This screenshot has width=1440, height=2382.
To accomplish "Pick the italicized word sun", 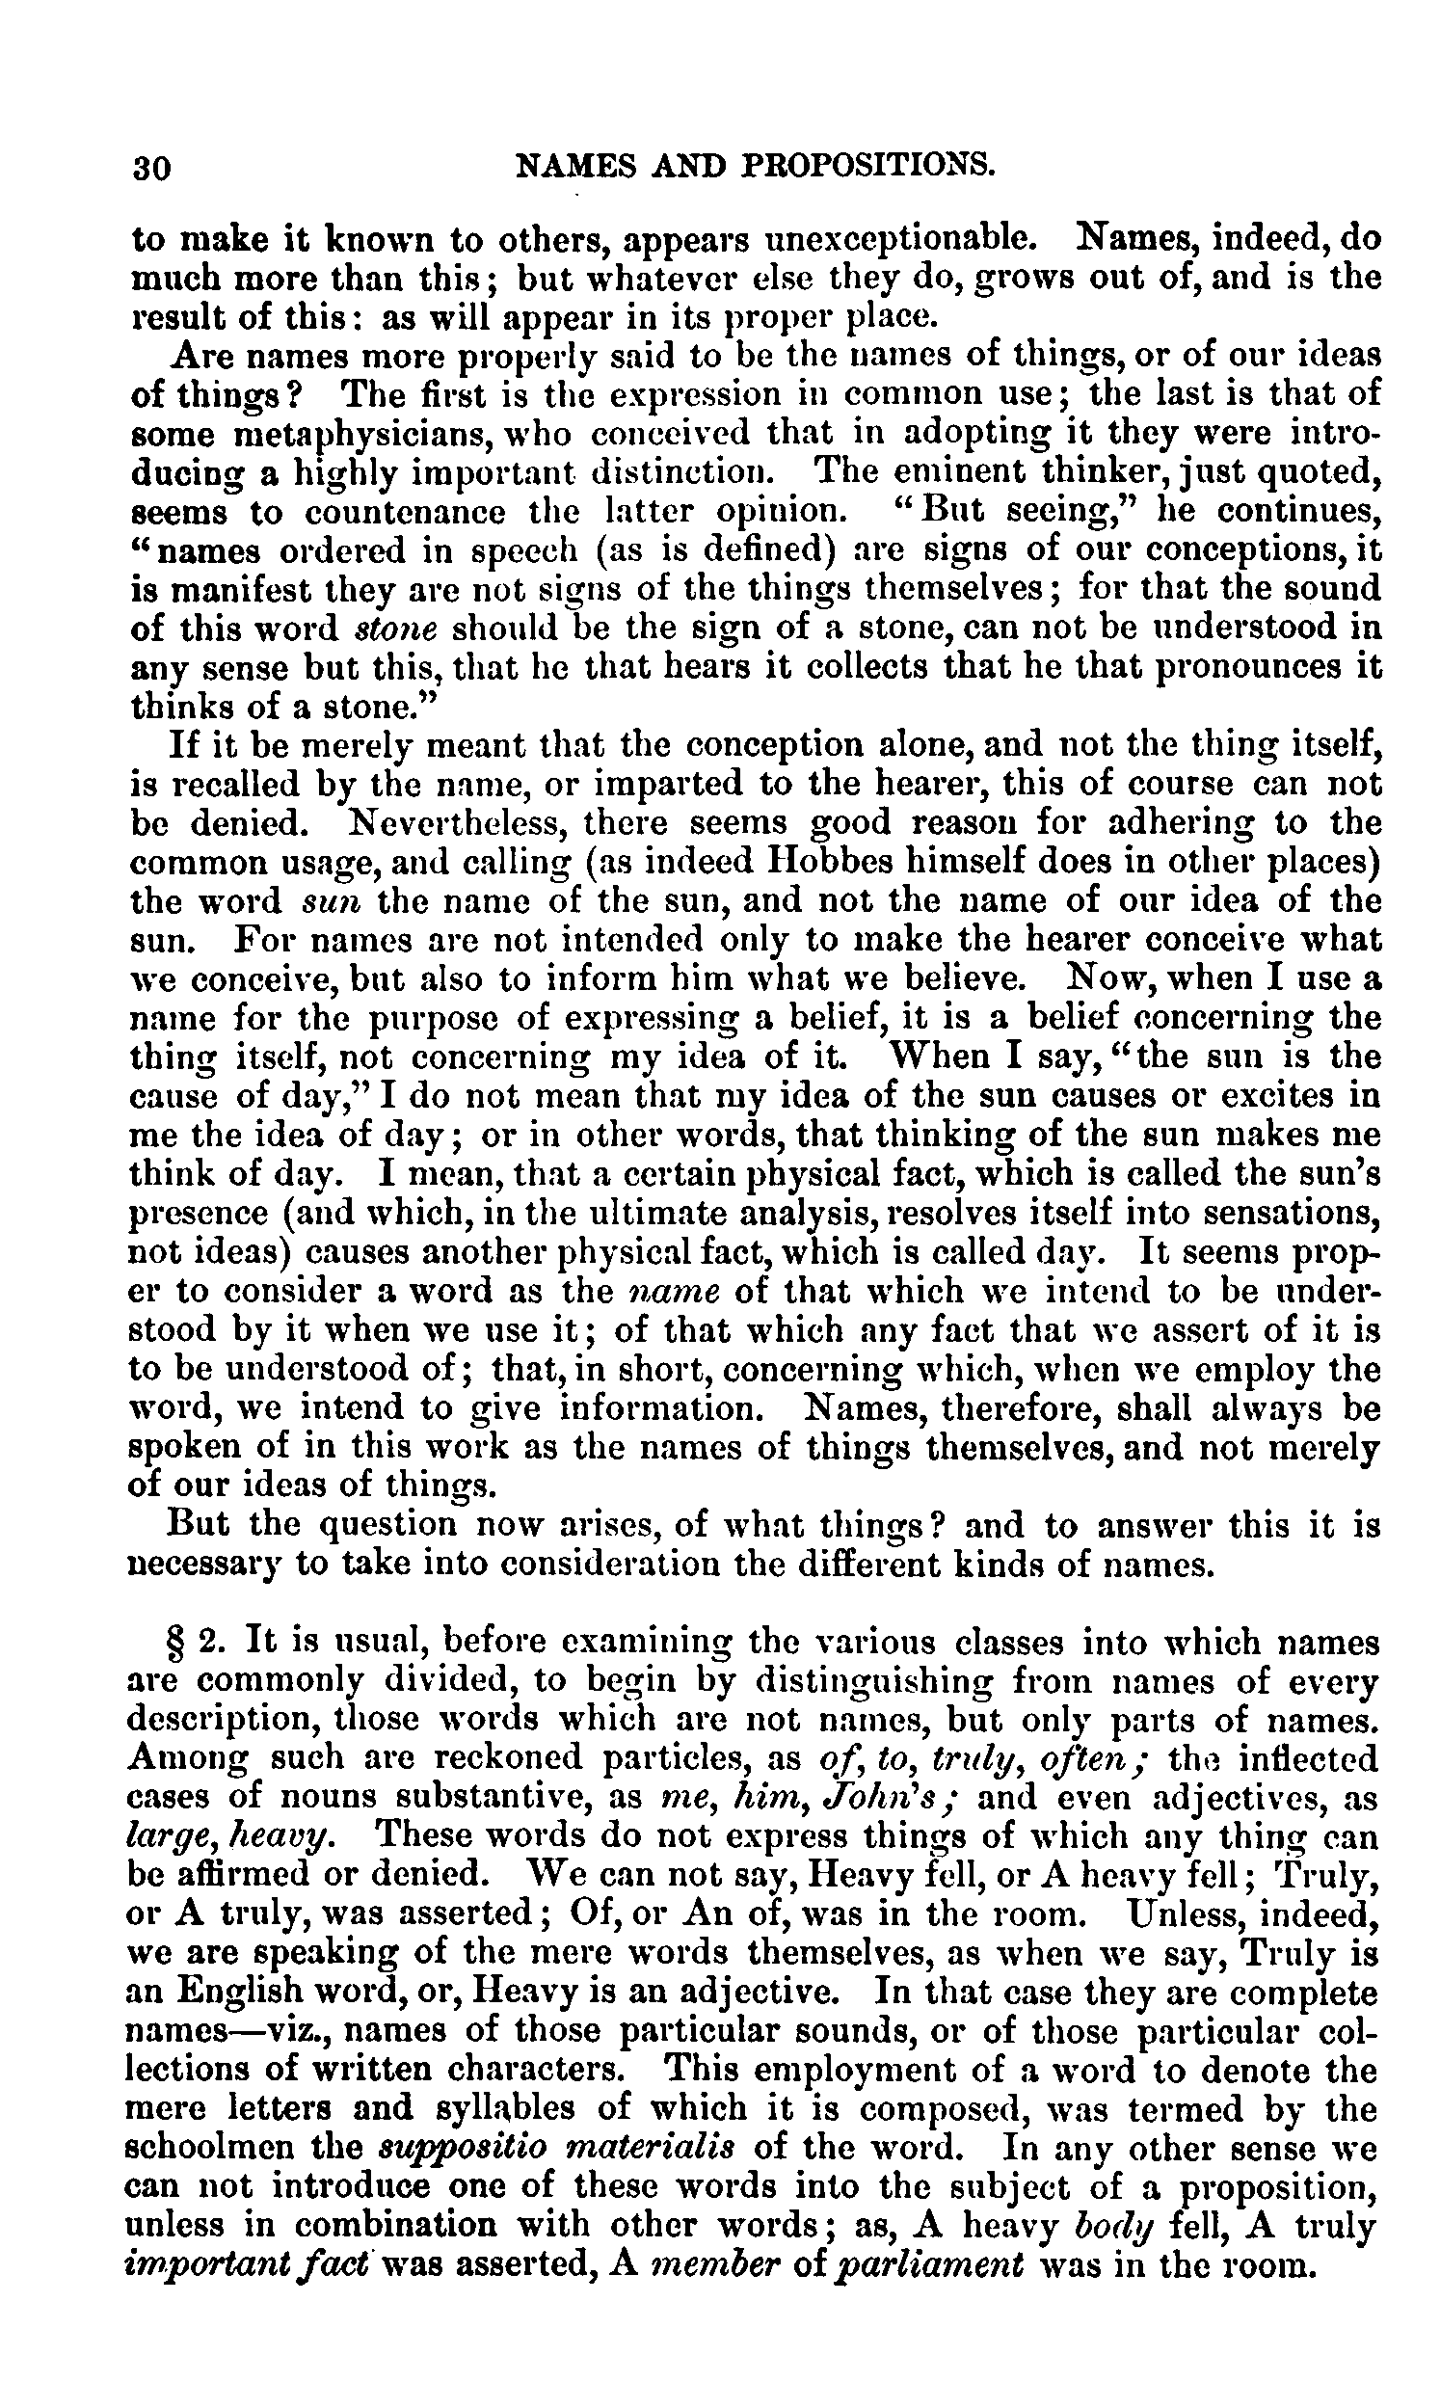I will pyautogui.click(x=332, y=902).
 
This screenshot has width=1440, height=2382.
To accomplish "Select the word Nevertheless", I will pyautogui.click(x=447, y=823).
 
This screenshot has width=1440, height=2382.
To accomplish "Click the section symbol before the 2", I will pyautogui.click(x=175, y=1643).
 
